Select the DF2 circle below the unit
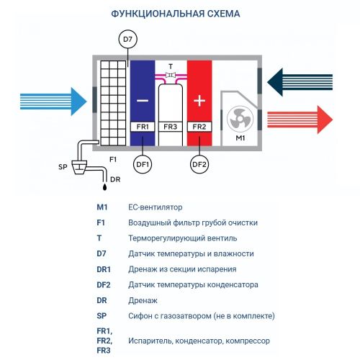tap(199, 165)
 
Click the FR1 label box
tap(142, 127)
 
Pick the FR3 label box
tap(171, 127)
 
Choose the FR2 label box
tap(199, 127)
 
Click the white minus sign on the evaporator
tap(142, 99)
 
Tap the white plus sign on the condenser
tap(199, 99)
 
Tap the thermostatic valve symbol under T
tap(171, 75)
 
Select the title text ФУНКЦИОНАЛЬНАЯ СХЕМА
tap(180, 14)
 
